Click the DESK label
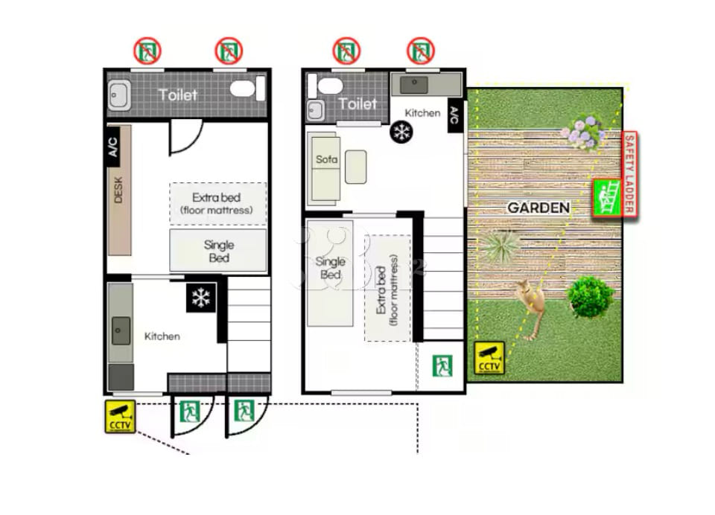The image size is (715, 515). [118, 190]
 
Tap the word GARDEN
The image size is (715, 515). [538, 208]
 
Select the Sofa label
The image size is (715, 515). [326, 159]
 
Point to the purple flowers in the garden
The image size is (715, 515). [585, 132]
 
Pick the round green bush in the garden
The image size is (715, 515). [590, 297]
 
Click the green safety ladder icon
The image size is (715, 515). [608, 198]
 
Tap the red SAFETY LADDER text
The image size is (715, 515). [630, 173]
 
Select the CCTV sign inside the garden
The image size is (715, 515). [489, 358]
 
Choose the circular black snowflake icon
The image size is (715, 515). [401, 132]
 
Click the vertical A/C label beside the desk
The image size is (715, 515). [113, 147]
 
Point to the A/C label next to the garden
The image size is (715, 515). [454, 115]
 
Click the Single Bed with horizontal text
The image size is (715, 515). [218, 251]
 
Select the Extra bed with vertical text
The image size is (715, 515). [388, 288]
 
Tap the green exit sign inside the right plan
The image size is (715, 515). [442, 366]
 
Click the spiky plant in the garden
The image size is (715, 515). [500, 246]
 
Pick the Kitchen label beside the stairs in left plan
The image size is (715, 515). [162, 336]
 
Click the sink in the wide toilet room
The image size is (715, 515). [119, 95]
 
